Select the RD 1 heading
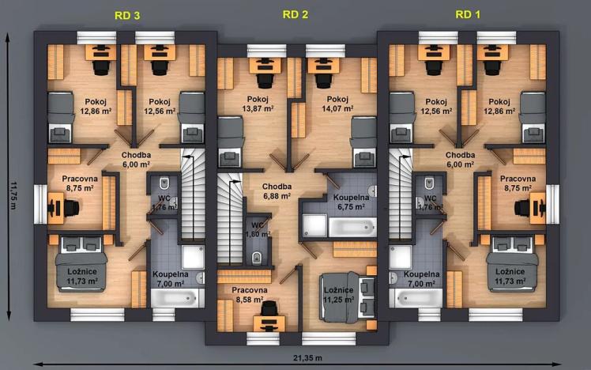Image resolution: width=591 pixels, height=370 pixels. pos(468,14)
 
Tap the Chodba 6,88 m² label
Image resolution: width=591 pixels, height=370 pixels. pos(277,191)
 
